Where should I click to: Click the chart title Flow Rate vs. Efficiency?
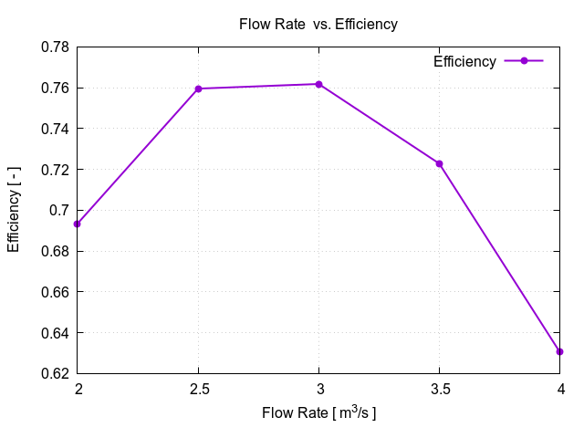[318, 25]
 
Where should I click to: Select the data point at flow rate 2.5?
[198, 89]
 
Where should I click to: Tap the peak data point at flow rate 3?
[318, 84]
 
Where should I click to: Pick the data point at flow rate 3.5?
[439, 163]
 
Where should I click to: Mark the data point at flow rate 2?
[78, 224]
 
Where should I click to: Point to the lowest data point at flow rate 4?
[559, 351]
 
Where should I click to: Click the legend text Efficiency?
[464, 62]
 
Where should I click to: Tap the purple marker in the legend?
[524, 61]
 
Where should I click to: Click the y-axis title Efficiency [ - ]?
[14, 210]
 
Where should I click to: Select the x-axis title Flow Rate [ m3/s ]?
[318, 413]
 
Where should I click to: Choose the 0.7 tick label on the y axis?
[59, 211]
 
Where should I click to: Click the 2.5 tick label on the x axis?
[198, 390]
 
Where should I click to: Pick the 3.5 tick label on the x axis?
[439, 390]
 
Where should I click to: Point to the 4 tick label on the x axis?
[559, 390]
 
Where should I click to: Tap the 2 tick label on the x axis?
[78, 390]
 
